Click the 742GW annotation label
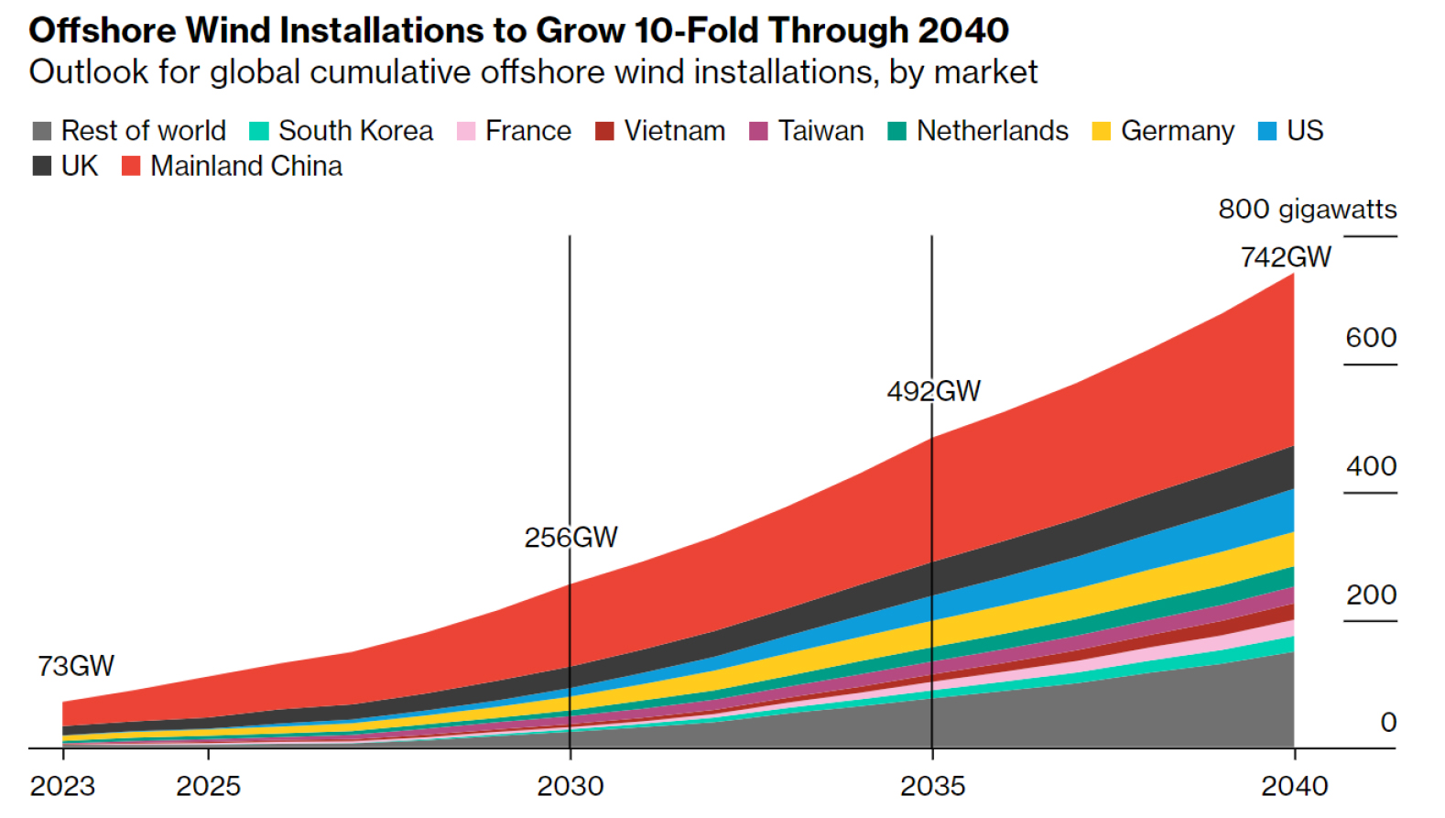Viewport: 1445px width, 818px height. point(1286,257)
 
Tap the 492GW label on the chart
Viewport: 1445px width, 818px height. point(933,392)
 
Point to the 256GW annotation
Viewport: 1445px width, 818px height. point(570,538)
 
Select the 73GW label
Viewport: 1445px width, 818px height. point(76,666)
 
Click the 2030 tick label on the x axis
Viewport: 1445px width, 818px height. point(570,786)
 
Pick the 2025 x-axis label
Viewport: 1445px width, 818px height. point(208,786)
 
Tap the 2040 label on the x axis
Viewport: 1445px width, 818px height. point(1294,786)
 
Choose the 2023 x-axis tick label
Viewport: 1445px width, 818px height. point(62,786)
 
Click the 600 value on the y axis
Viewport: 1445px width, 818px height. point(1371,338)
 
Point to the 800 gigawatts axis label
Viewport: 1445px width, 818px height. point(1307,210)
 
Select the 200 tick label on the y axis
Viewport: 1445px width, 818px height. point(1371,595)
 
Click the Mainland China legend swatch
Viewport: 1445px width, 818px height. point(131,167)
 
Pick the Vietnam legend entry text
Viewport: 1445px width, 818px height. point(674,131)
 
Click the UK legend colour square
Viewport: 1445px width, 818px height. point(42,167)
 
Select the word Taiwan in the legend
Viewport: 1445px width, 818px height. point(820,131)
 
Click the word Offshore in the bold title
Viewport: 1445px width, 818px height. point(102,31)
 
